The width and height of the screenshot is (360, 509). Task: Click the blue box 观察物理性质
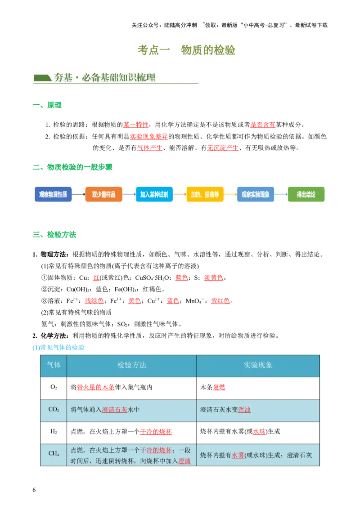point(53,194)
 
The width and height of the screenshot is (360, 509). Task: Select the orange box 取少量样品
point(103,194)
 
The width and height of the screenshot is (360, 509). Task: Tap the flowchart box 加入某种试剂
point(154,194)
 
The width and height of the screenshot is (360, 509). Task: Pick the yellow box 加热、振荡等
point(205,194)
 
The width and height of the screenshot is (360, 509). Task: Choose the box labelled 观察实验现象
point(255,194)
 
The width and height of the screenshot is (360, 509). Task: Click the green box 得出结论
point(306,194)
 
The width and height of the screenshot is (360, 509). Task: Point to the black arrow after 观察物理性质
point(78,194)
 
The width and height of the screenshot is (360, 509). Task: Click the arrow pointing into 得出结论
point(281,194)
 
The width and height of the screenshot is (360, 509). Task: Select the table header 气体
point(54,365)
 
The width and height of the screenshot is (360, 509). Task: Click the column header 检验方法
point(131,365)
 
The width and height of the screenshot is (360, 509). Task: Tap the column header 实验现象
point(258,365)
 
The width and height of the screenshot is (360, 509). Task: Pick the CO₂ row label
point(54,410)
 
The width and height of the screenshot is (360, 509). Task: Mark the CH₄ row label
point(54,453)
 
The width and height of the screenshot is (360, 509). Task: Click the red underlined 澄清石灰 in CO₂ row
point(115,410)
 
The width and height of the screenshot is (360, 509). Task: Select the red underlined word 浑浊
point(244,410)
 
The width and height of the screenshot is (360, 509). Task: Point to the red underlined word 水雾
point(238,455)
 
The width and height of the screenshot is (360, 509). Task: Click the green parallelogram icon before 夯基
point(42,78)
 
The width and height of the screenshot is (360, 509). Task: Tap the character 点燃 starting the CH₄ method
point(76,450)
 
